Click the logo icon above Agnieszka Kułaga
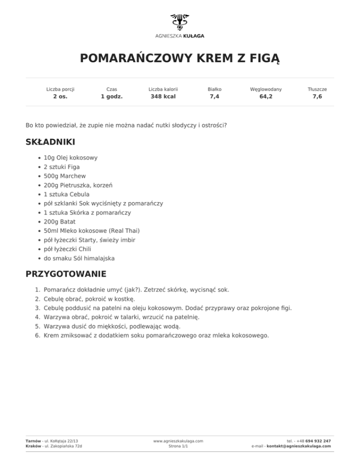click(180, 22)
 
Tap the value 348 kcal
click(163, 97)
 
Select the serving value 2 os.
click(60, 97)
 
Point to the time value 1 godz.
click(112, 97)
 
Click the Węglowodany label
click(266, 89)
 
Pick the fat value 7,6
click(317, 97)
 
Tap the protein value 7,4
click(215, 97)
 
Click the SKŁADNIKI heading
click(50, 142)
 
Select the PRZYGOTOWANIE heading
click(66, 274)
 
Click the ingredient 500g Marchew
click(65, 176)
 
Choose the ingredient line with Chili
click(60, 249)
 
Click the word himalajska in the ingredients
click(99, 258)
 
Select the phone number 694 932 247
click(318, 441)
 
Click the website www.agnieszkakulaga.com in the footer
click(178, 441)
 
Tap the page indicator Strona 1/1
click(178, 447)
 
